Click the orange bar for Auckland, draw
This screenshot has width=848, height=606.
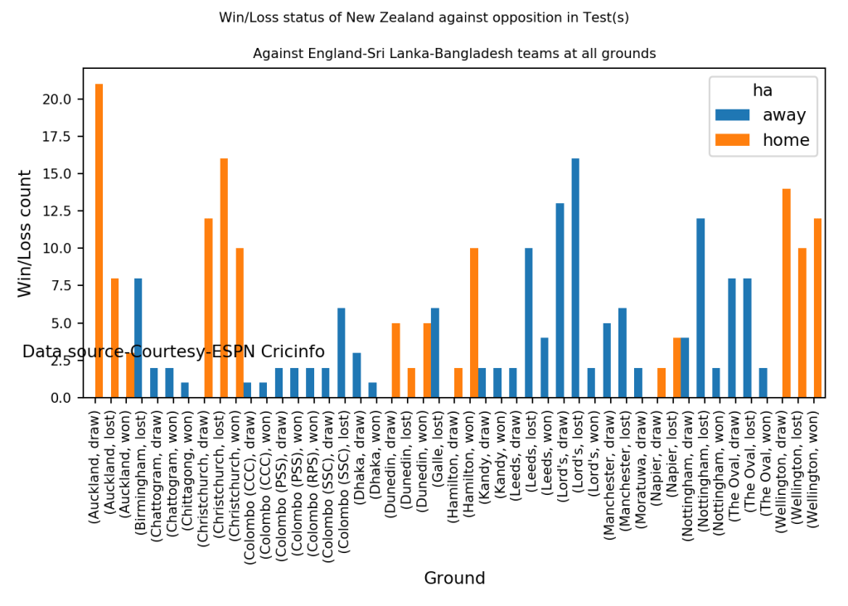pos(99,240)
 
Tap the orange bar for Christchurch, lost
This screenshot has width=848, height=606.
pos(224,278)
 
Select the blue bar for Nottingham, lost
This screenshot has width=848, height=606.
pos(700,308)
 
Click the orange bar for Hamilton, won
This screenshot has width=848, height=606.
pos(474,322)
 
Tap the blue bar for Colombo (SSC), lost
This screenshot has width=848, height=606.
pos(341,352)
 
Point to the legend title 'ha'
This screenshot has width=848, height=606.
pos(763,90)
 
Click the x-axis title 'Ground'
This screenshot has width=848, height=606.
pos(454,578)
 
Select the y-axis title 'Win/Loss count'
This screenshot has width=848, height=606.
pos(26,233)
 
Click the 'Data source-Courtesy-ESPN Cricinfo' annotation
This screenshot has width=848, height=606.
pos(173,351)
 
